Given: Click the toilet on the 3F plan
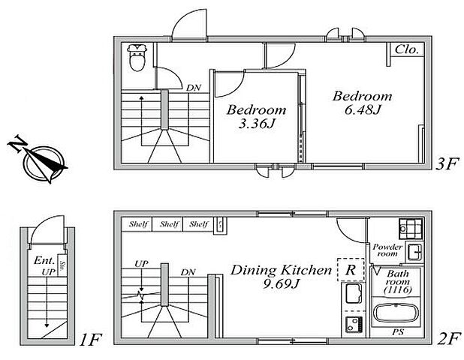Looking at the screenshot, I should [x=137, y=58].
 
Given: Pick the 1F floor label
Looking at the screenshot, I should [x=91, y=338].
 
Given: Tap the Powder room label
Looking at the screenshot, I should [x=388, y=250].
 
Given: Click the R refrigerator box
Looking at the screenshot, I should [x=351, y=268].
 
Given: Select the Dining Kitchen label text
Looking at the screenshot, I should [x=281, y=269].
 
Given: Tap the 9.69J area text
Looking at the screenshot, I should [x=281, y=286].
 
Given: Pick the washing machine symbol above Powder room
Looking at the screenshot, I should [x=409, y=228].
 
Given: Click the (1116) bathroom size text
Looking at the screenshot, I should [x=397, y=289].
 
